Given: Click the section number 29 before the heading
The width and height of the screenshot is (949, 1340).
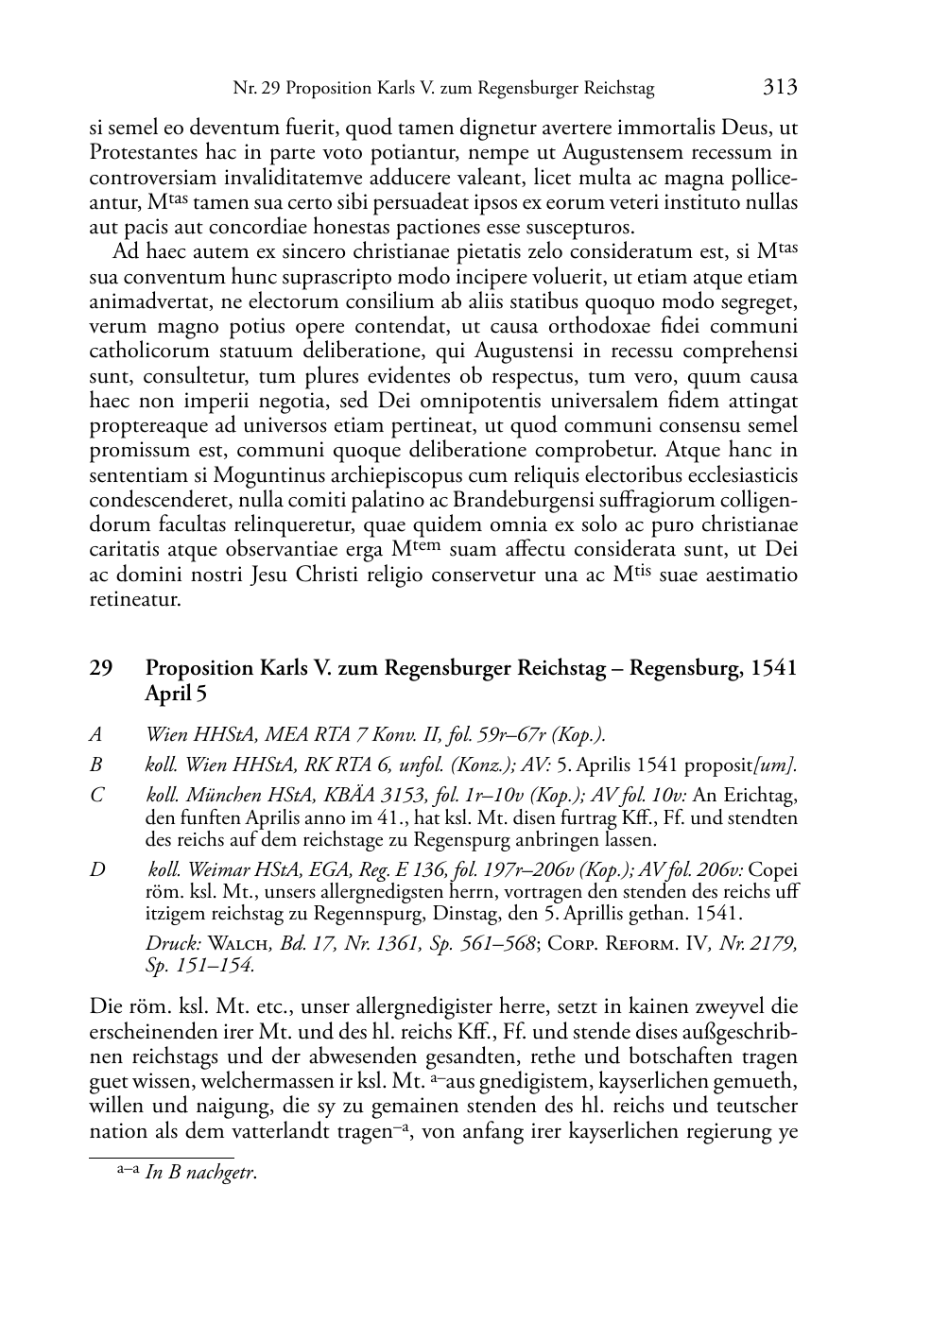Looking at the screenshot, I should pyautogui.click(x=100, y=668).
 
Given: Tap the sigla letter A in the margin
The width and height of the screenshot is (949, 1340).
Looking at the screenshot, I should pyautogui.click(x=95, y=734).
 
